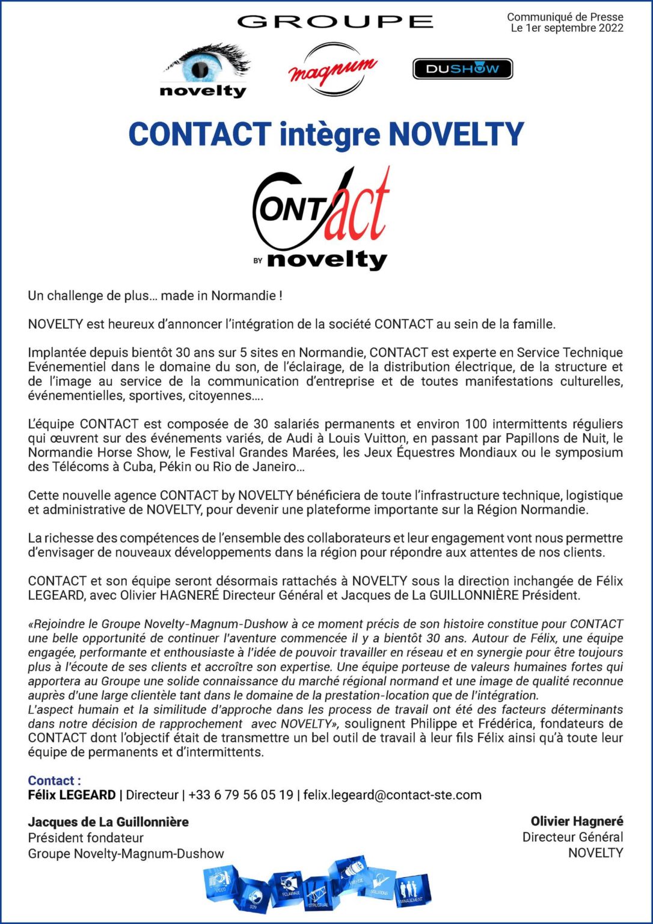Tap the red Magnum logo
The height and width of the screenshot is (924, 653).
333,70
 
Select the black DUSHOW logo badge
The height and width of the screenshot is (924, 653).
462,69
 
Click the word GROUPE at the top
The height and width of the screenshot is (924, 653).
335,22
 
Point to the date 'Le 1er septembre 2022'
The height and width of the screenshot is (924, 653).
566,28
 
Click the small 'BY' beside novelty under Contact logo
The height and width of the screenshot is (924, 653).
258,261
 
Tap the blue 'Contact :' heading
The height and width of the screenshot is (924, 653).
54,781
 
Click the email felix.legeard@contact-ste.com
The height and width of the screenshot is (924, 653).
392,795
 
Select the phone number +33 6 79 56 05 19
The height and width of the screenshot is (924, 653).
241,795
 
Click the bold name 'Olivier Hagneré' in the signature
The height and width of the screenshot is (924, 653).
577,822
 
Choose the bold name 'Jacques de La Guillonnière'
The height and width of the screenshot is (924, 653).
108,822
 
